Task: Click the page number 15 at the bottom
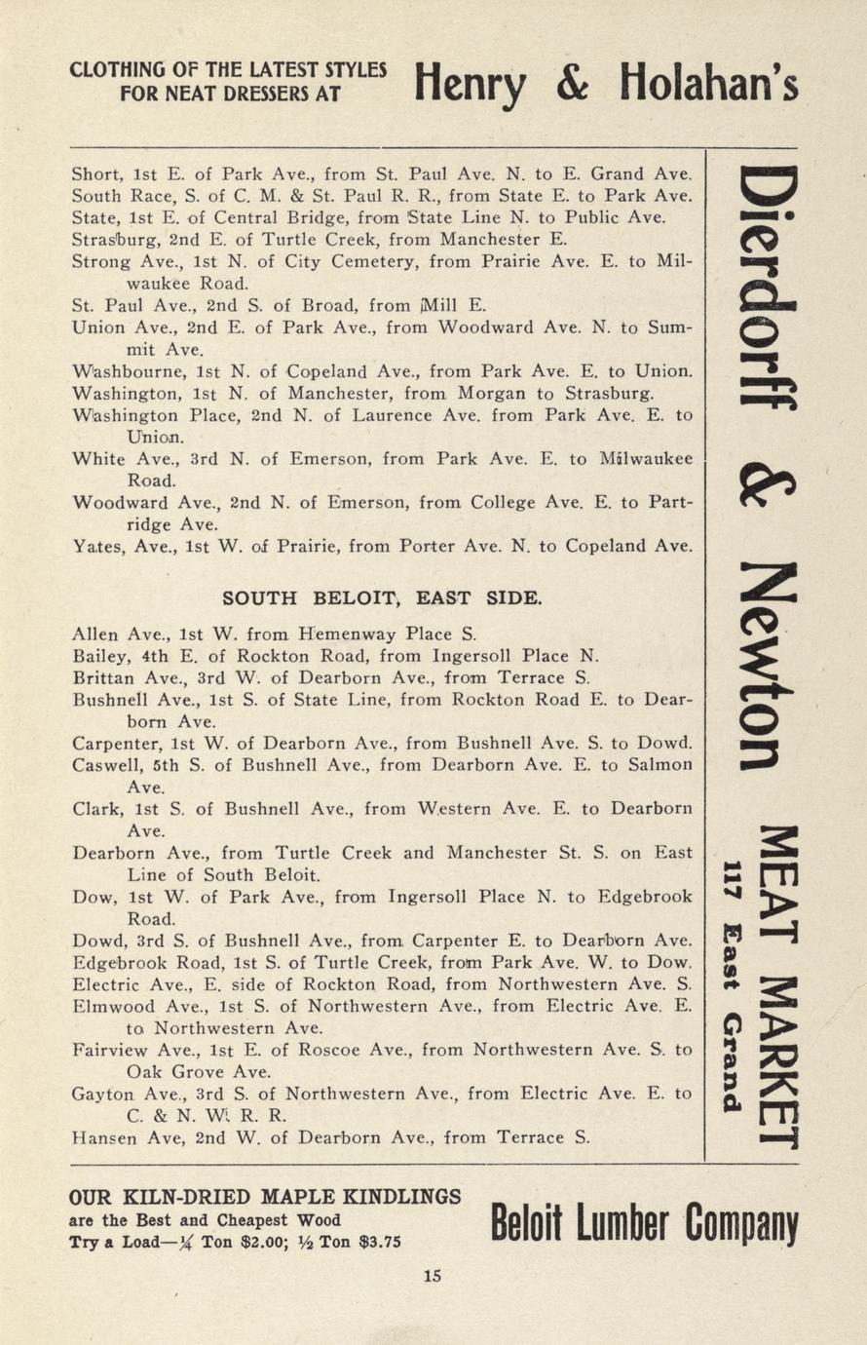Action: click(433, 1276)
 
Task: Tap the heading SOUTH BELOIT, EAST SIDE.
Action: click(382, 597)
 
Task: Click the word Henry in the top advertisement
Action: click(469, 87)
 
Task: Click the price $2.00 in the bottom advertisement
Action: click(276, 1243)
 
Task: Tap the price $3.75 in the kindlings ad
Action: click(379, 1243)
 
